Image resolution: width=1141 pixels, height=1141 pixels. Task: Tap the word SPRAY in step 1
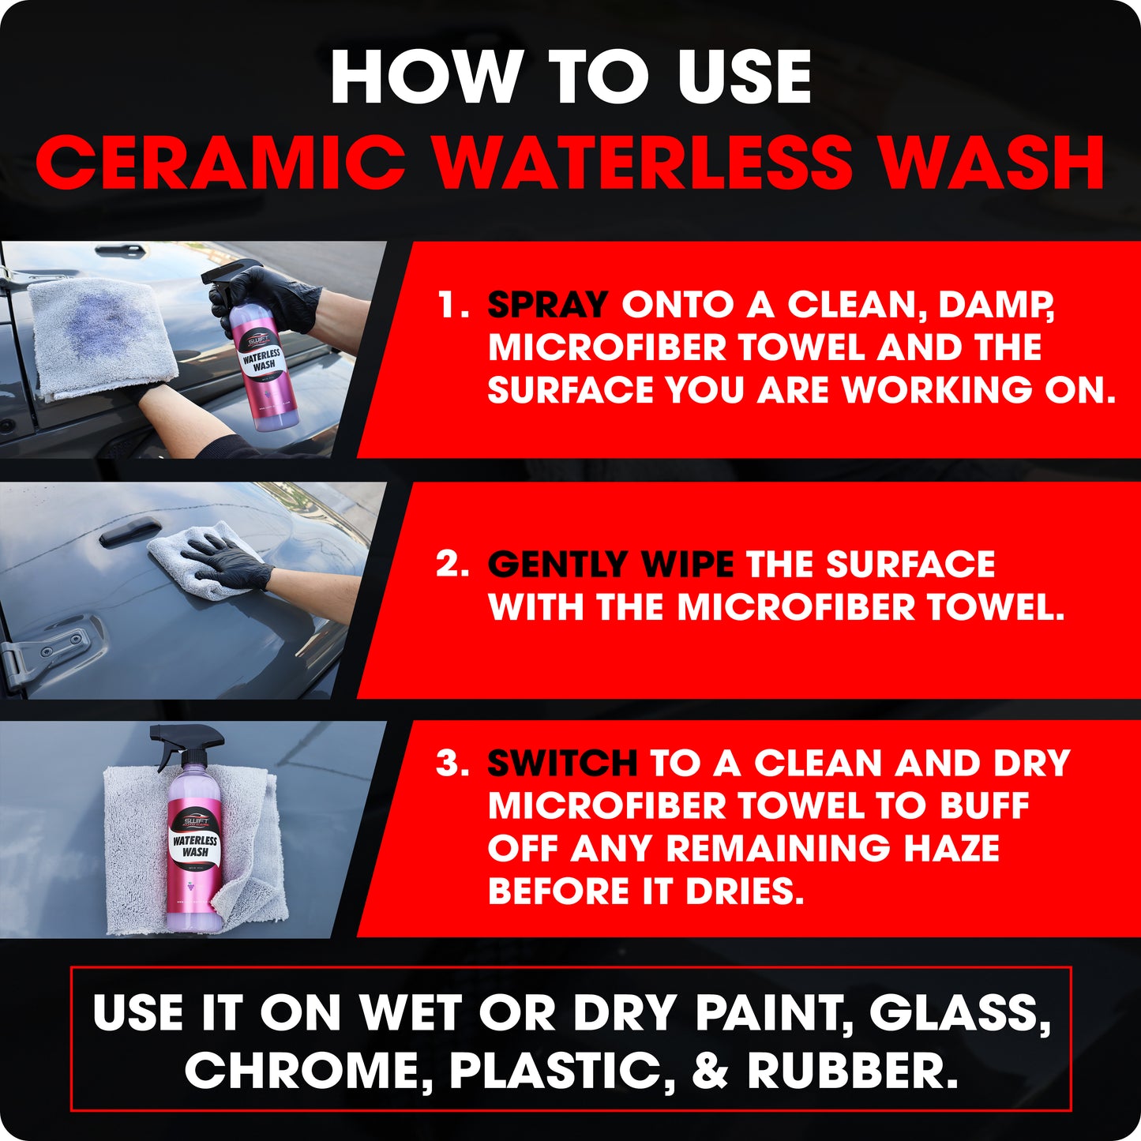[x=548, y=305]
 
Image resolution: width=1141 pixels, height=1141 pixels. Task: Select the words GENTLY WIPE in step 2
[x=610, y=565]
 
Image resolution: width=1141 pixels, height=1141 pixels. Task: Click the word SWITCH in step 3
[x=562, y=764]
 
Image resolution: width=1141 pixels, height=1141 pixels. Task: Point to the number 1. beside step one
[x=453, y=305]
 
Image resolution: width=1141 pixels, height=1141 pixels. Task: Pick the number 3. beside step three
[x=452, y=764]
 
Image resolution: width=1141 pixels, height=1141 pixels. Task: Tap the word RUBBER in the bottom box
[x=852, y=1072]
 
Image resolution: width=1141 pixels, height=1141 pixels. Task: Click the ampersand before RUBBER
[x=710, y=1072]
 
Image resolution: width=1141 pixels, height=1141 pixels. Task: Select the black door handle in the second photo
[x=130, y=531]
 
